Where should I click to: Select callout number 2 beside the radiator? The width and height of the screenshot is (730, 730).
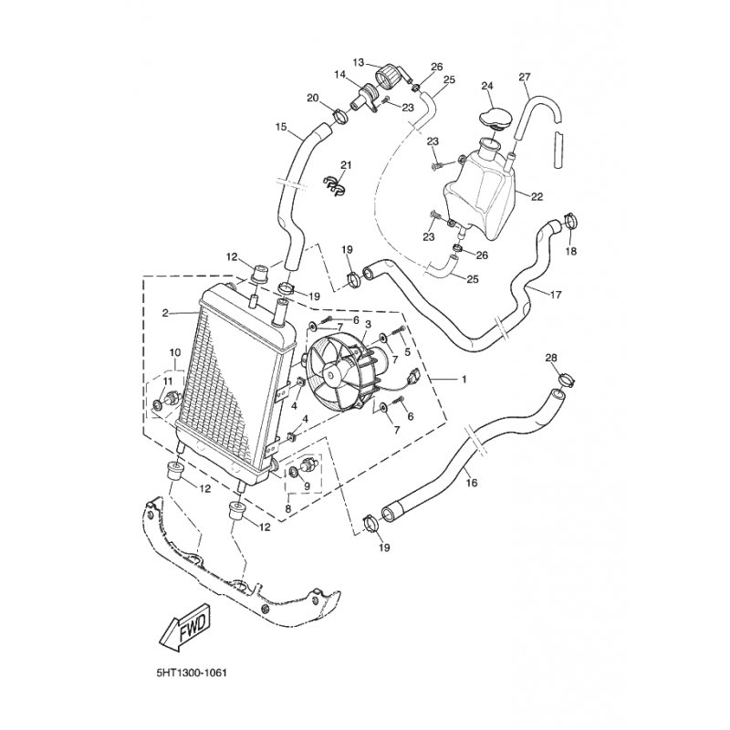tap(165, 313)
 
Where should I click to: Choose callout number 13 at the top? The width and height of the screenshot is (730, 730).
tap(358, 62)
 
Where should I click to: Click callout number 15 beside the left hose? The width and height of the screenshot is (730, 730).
tap(280, 126)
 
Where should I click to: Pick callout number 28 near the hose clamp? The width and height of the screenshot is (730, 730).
tap(551, 357)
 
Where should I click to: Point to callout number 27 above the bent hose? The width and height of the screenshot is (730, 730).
tap(524, 77)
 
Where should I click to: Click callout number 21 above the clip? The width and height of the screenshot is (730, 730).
tap(346, 164)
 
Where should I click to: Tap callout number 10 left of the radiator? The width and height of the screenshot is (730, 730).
tap(174, 353)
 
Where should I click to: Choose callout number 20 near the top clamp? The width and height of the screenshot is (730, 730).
tap(312, 99)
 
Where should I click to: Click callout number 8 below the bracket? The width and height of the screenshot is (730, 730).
tap(289, 508)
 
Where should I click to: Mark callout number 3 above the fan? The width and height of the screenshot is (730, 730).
tap(368, 325)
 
